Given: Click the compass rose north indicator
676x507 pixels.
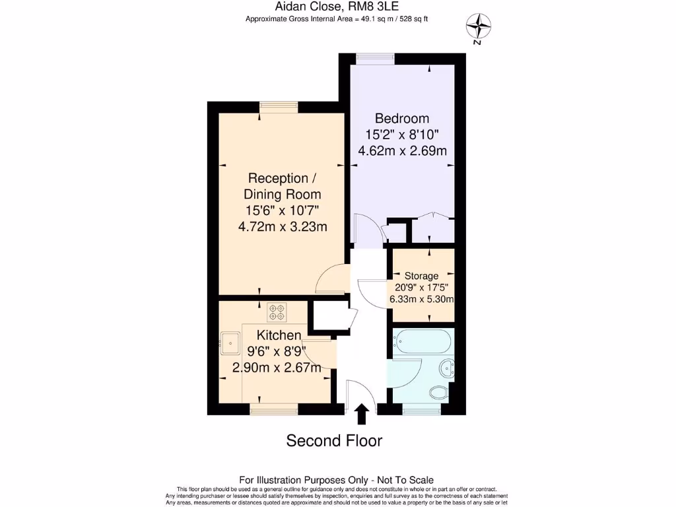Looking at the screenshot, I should pyautogui.click(x=479, y=27).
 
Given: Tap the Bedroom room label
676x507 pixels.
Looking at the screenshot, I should pyautogui.click(x=401, y=119).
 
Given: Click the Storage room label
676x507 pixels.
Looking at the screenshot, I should pyautogui.click(x=421, y=276).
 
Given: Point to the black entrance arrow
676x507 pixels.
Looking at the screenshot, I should pyautogui.click(x=361, y=414).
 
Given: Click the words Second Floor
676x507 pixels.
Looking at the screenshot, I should pyautogui.click(x=334, y=440).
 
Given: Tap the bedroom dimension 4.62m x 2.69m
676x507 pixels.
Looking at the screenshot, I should pyautogui.click(x=402, y=151).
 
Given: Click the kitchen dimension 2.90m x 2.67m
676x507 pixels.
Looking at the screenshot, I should pyautogui.click(x=277, y=368).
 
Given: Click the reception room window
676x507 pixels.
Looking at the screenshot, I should pyautogui.click(x=278, y=107).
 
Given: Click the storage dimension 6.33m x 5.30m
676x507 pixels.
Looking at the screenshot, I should pyautogui.click(x=421, y=299).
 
